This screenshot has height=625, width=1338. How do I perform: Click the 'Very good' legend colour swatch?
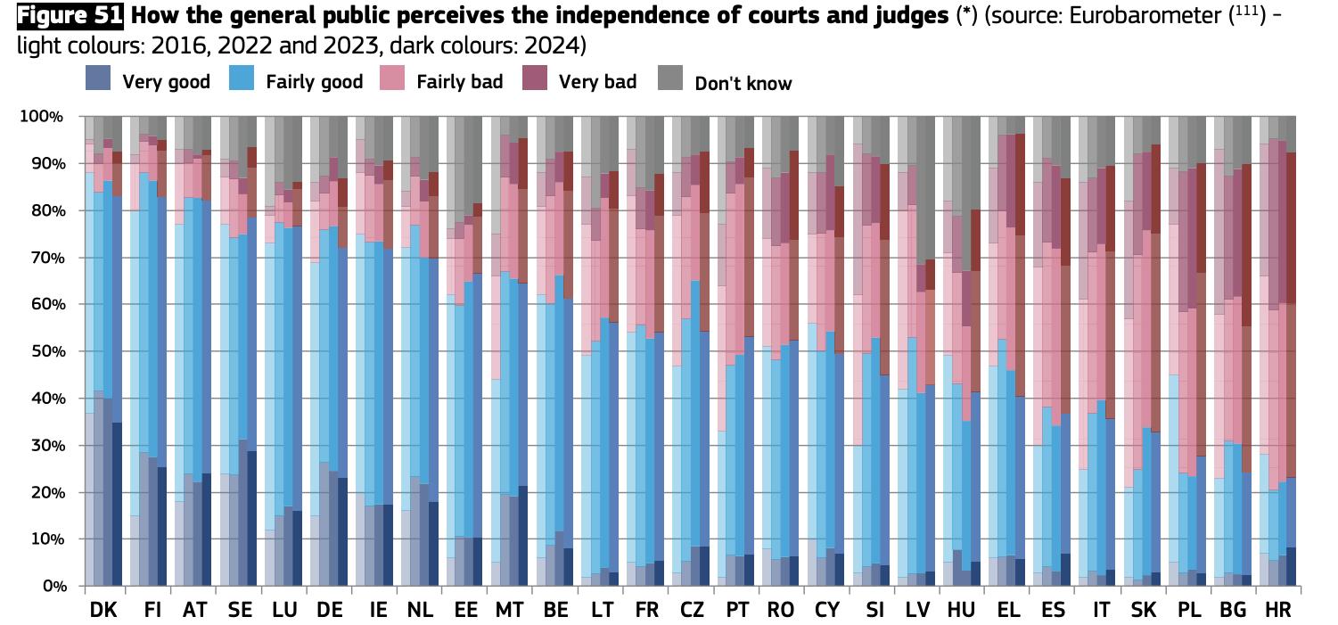97,79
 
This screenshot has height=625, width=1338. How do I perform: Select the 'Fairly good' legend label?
314,82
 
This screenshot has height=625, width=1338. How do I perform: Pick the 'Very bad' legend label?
597,82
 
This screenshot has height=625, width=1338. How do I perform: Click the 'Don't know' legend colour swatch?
669,79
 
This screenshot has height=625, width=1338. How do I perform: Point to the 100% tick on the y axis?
42,117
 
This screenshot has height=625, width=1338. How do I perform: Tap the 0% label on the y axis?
50,587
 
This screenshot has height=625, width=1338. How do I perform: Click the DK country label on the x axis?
103,610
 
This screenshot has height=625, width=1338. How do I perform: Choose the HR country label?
1277,610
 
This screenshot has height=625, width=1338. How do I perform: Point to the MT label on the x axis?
510,610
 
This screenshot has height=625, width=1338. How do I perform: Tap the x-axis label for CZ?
691,610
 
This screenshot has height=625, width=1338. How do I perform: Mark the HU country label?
962,610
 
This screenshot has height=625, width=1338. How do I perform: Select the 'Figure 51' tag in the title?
70,15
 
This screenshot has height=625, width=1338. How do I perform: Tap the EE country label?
464,610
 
